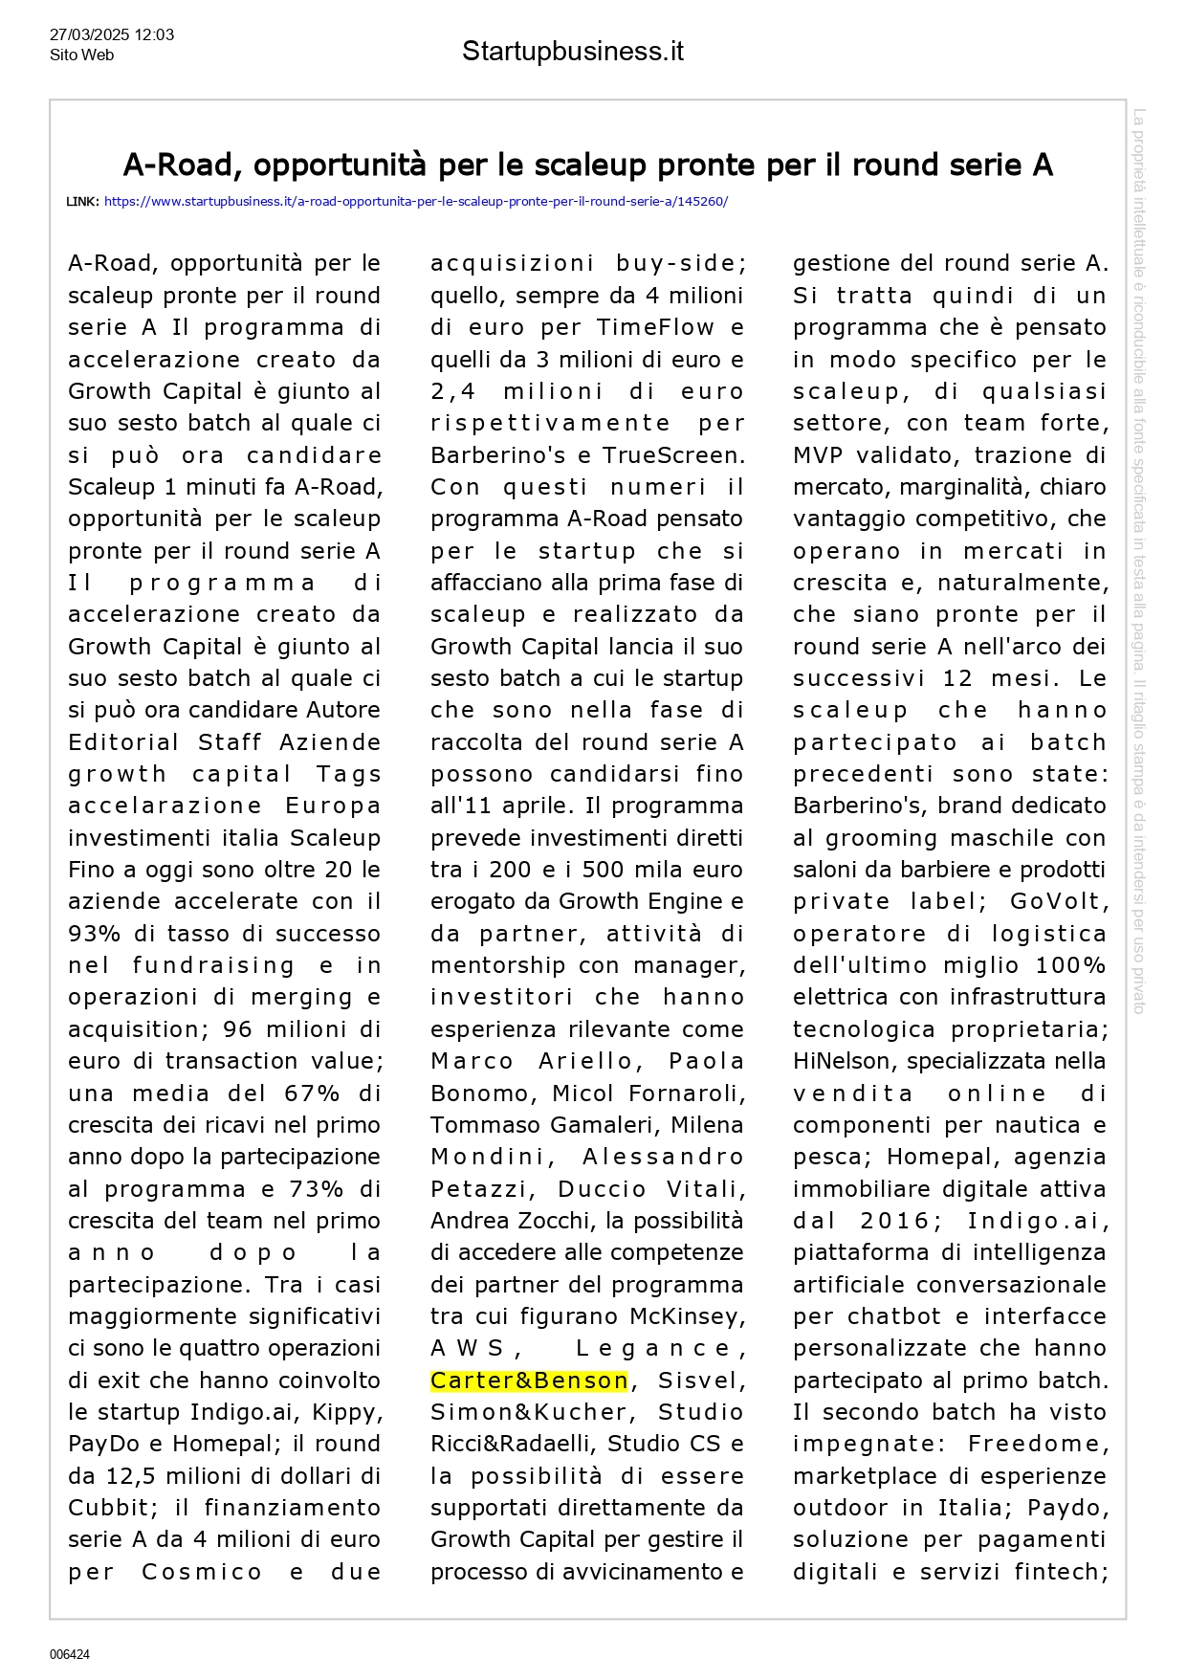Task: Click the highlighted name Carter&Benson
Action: coord(529,1381)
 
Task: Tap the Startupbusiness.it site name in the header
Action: coord(572,51)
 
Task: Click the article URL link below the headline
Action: coord(415,202)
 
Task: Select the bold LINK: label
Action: coord(82,202)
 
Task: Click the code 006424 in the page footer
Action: coord(70,1654)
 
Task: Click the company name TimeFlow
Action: coord(655,327)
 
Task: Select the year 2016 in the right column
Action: coord(894,1221)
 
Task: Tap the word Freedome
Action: coord(1039,1444)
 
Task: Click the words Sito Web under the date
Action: coord(81,55)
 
